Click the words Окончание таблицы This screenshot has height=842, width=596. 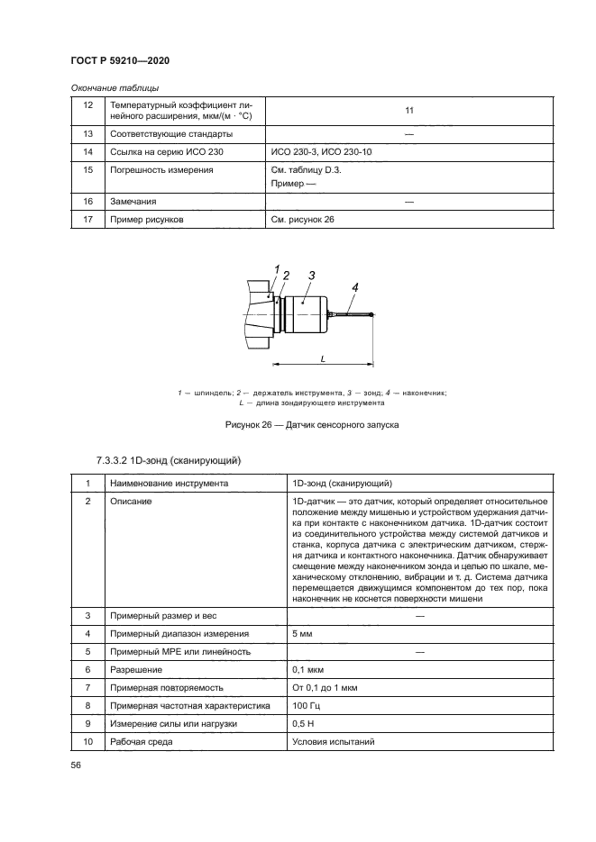tap(115, 87)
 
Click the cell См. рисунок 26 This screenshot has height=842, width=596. tap(302, 219)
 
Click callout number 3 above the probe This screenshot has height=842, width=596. tap(309, 275)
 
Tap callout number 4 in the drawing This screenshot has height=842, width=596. tap(355, 286)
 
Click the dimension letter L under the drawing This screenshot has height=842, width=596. tap(323, 358)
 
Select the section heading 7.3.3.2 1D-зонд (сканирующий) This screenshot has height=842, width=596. tap(167, 461)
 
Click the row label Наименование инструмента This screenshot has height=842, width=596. tap(168, 484)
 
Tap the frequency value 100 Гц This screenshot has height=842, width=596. tap(307, 706)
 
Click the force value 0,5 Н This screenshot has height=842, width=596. tap(305, 724)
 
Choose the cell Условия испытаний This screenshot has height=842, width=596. tap(333, 742)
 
